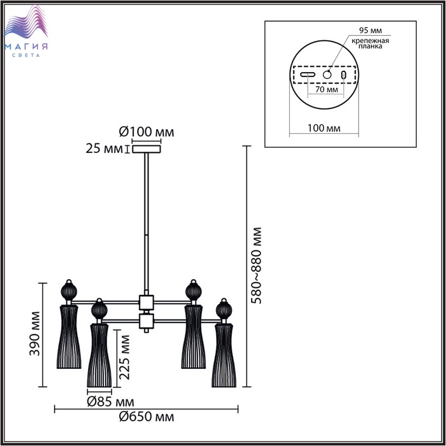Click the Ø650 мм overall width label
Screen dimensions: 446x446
(147, 417)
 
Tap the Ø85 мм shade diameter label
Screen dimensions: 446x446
(110, 402)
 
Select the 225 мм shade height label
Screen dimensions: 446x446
(124, 357)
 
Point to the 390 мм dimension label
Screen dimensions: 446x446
(34, 334)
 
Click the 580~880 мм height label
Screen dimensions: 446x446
(256, 266)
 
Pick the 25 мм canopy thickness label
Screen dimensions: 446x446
(104, 148)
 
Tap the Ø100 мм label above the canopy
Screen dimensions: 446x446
(147, 132)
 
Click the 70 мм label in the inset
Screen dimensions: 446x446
(326, 89)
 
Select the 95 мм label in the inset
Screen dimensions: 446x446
(370, 30)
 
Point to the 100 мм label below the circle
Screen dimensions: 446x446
(324, 128)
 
